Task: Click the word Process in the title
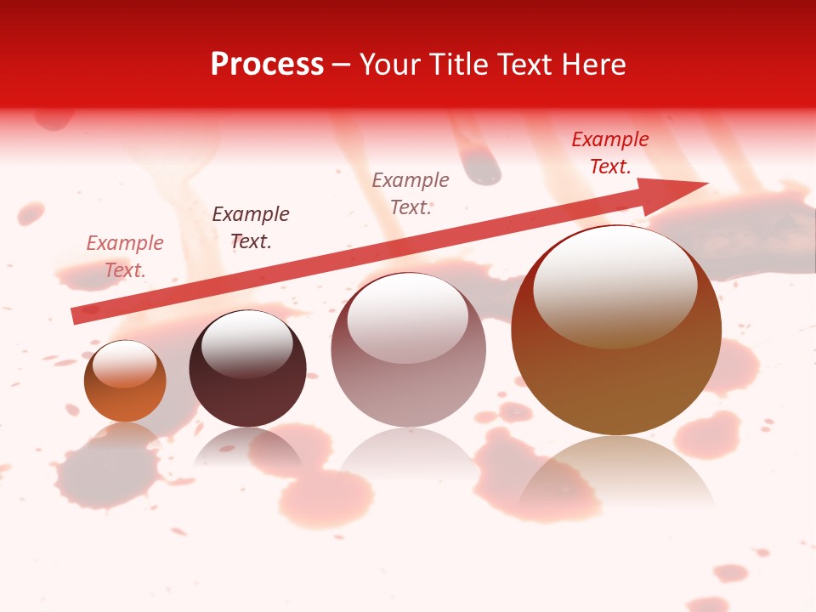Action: [x=267, y=65]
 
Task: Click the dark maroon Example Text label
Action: [x=251, y=228]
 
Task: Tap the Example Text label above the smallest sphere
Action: [x=125, y=257]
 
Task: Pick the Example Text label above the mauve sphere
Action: [x=411, y=193]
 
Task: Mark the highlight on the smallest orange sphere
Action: [x=124, y=364]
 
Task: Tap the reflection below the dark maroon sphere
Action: [x=247, y=445]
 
